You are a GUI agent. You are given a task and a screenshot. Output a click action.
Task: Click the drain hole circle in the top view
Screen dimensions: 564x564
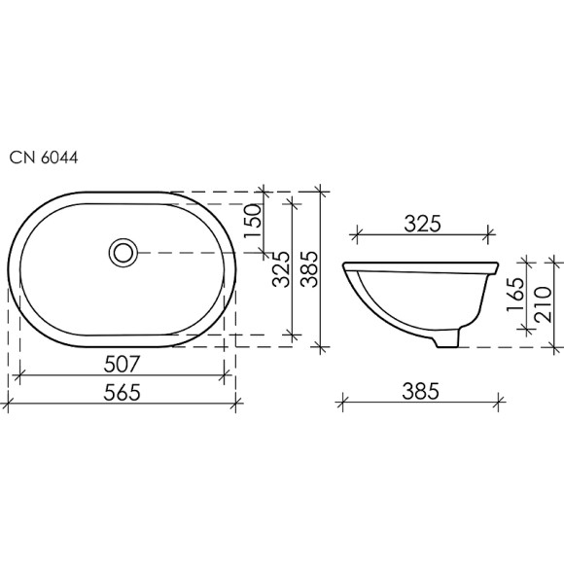[123, 252]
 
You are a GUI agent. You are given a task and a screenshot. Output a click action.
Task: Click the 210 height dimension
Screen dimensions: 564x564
[546, 301]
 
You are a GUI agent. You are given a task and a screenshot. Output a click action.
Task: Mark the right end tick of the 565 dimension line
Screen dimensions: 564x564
[236, 402]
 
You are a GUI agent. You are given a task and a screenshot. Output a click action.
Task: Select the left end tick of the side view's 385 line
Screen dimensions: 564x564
[342, 400]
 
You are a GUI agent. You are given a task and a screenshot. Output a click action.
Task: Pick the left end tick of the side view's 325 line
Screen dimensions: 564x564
[356, 234]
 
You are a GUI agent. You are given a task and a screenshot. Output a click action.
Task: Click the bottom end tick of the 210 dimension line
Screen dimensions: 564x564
[553, 346]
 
